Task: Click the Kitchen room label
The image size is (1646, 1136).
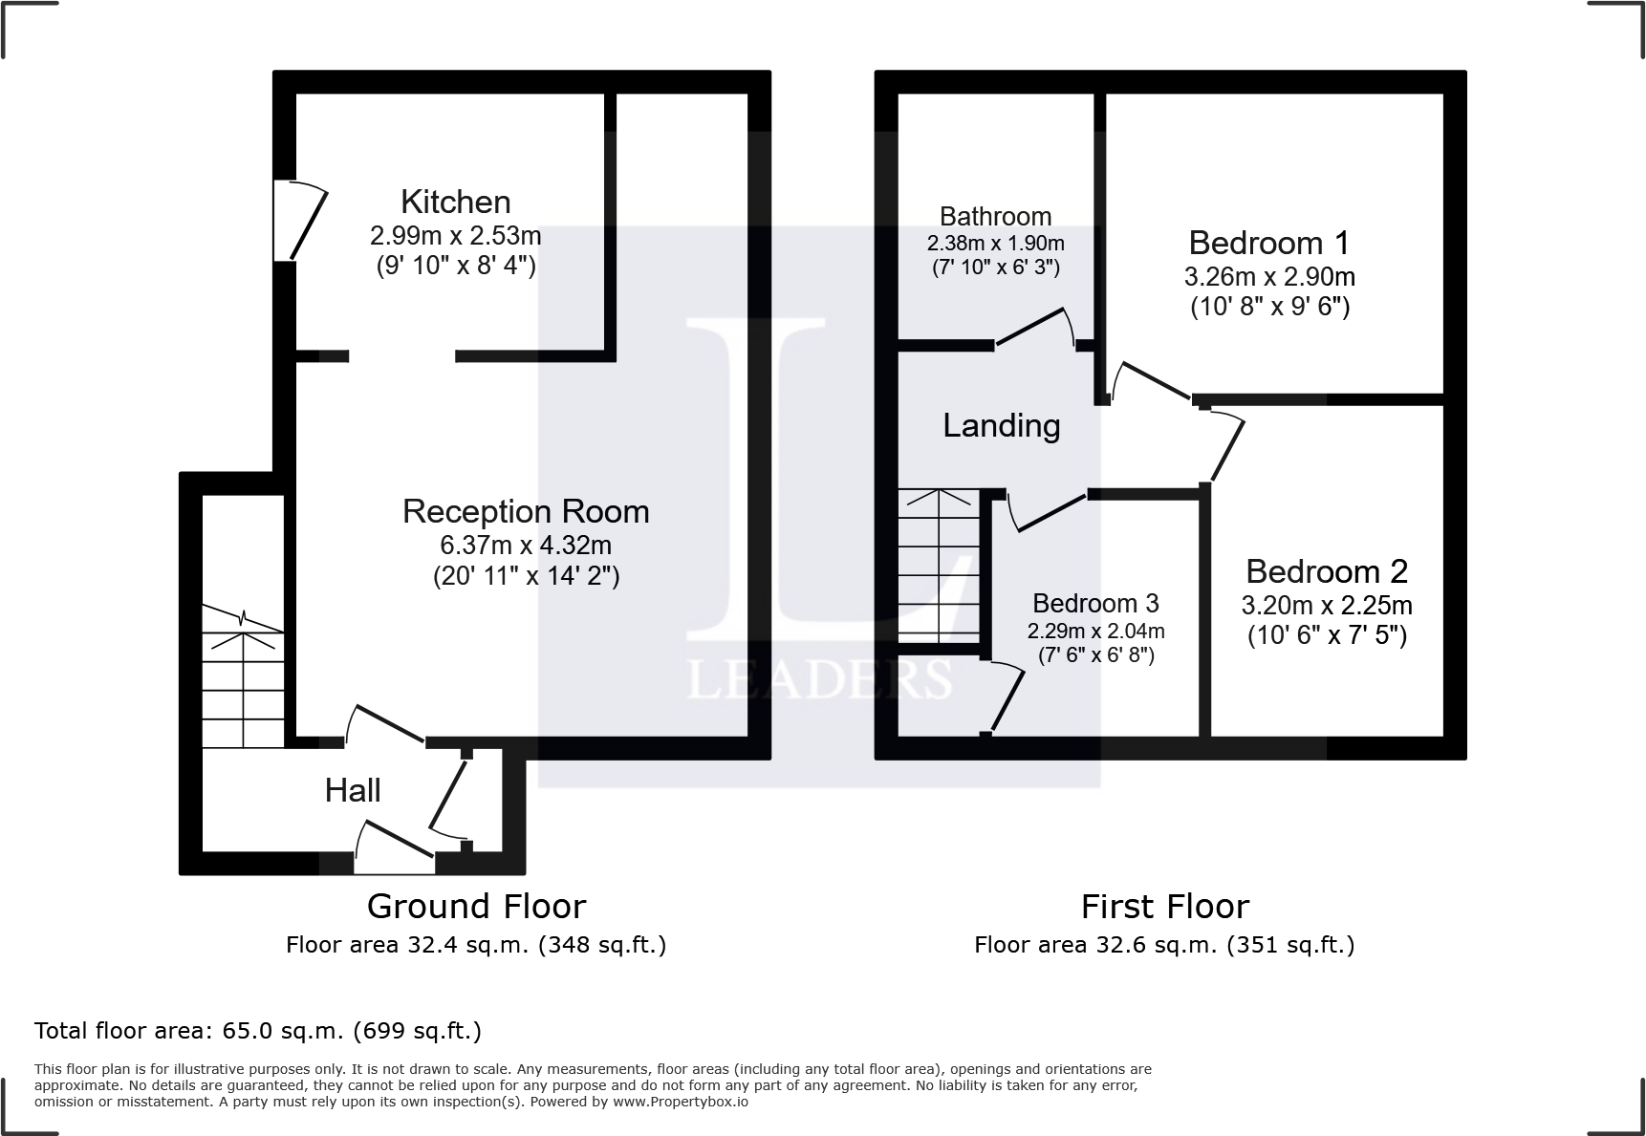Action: [455, 202]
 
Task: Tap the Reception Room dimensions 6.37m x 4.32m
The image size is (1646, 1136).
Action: [525, 546]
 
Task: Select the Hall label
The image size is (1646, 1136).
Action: [353, 790]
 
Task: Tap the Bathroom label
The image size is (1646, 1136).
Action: [995, 216]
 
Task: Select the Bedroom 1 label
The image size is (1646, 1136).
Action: [1268, 243]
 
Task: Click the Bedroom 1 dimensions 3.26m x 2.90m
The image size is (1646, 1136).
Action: [1268, 277]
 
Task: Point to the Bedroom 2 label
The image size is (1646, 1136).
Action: [1326, 571]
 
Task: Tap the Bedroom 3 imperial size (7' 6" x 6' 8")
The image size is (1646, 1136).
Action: [1095, 655]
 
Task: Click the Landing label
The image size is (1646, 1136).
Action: [1001, 425]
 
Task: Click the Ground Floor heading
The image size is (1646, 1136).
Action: [476, 906]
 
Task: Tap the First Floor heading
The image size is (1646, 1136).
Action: [1164, 906]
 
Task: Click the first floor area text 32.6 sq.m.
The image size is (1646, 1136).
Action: [1163, 945]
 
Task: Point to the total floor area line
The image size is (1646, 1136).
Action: [257, 1031]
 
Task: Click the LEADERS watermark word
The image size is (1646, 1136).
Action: [819, 679]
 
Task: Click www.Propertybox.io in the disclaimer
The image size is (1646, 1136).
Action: [681, 1102]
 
